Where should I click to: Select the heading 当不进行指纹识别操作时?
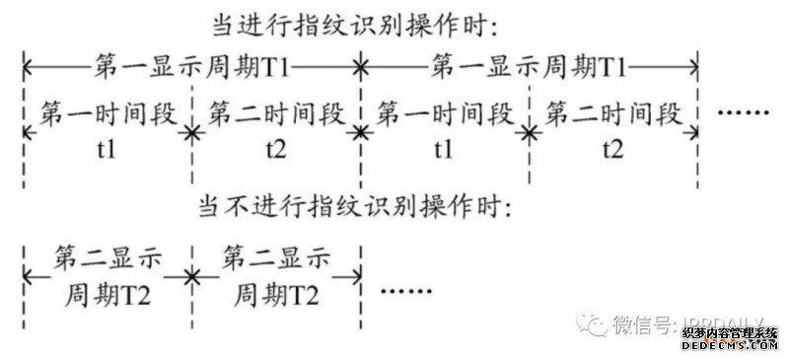point(354,207)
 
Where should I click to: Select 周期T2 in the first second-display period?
point(108,294)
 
